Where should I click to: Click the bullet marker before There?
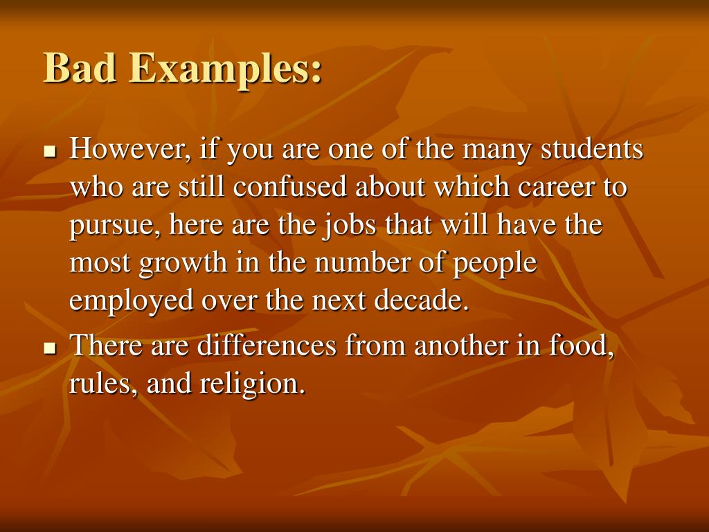pyautogui.click(x=49, y=347)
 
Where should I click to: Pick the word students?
pyautogui.click(x=591, y=150)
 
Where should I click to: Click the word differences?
pyautogui.click(x=271, y=344)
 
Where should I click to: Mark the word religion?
pyautogui.click(x=254, y=384)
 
